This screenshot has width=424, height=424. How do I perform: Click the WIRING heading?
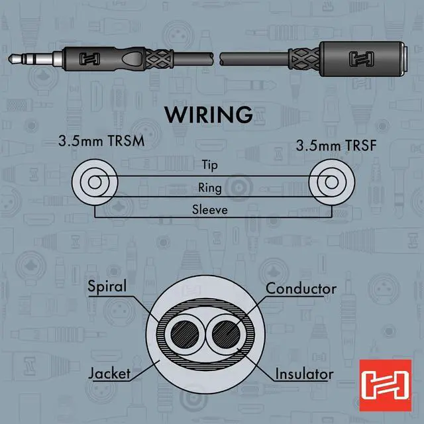[x=209, y=114]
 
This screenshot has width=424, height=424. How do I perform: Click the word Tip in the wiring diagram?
[x=209, y=166]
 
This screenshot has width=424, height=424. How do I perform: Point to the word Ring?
[x=209, y=187]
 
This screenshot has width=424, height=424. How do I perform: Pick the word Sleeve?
[x=209, y=210]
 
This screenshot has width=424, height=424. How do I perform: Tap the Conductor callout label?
[x=301, y=289]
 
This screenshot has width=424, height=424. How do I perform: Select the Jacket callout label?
[x=110, y=374]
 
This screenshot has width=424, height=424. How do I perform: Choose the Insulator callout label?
[x=304, y=374]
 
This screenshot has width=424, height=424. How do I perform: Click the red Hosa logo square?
[x=380, y=380]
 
